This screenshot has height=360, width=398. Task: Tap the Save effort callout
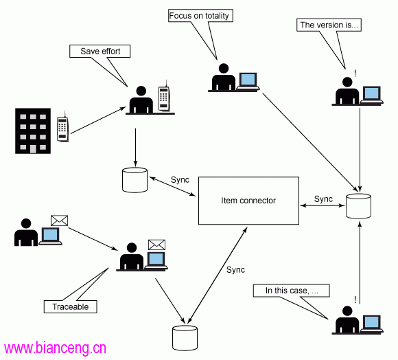click(99, 52)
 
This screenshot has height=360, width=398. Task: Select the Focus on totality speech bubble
click(200, 16)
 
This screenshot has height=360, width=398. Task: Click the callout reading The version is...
click(329, 25)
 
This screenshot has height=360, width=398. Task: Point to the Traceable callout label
click(70, 306)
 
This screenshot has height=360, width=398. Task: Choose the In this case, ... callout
click(292, 291)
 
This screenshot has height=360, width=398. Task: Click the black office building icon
click(33, 131)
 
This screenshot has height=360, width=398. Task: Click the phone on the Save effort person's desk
click(164, 97)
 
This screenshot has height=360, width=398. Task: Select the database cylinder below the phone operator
click(134, 180)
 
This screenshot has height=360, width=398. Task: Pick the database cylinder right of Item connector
click(358, 206)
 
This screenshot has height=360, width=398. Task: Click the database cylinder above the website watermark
click(185, 338)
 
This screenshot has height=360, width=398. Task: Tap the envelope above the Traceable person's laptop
click(157, 245)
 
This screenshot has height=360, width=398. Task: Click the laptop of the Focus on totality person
click(248, 81)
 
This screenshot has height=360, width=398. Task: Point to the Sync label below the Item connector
click(235, 270)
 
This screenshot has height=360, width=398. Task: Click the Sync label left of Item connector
click(180, 180)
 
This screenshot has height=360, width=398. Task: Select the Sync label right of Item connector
click(323, 199)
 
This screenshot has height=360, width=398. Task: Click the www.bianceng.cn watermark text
click(55, 348)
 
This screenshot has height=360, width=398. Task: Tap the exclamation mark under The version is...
click(355, 74)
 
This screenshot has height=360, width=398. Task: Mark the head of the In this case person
click(347, 311)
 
